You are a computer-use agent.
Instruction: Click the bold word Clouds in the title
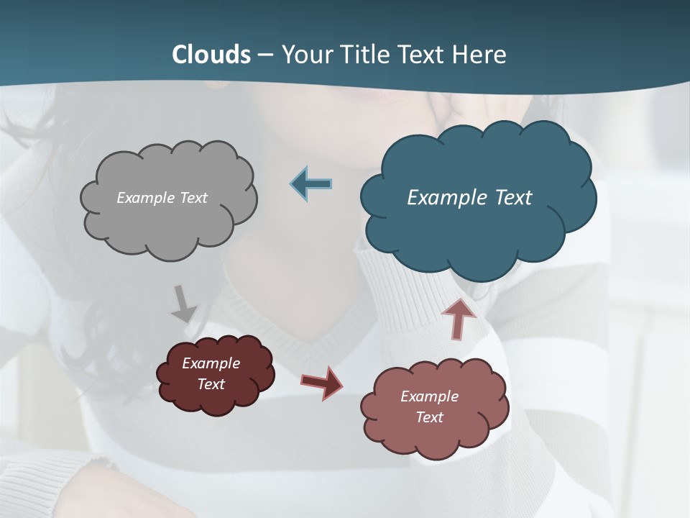tap(211, 55)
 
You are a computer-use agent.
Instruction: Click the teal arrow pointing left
tap(311, 184)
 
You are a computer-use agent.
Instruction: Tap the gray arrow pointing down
tap(183, 304)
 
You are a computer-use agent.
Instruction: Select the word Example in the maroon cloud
tap(211, 363)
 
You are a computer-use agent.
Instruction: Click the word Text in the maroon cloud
tap(211, 384)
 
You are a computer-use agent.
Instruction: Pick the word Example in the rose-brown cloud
tap(429, 396)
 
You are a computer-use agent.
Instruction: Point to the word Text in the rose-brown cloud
tap(429, 417)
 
